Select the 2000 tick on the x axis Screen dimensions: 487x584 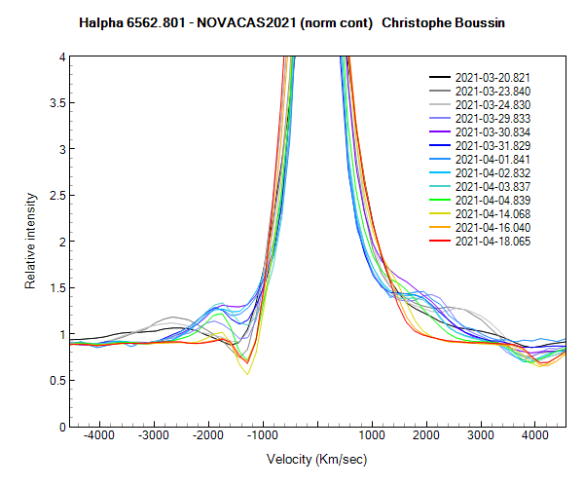point(424,438)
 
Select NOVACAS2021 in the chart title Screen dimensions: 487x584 point(240,20)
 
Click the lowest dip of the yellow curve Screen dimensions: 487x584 point(247,373)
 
